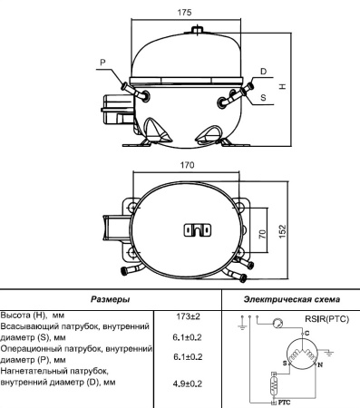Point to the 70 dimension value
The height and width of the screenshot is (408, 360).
(263, 233)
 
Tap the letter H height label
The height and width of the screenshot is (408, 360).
(282, 86)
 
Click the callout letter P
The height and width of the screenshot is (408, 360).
(102, 63)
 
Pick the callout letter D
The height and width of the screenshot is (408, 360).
(263, 71)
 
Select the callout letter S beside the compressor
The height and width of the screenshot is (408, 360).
(263, 97)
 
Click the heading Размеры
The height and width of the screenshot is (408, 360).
(110, 298)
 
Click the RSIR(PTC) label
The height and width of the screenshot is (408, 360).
(326, 318)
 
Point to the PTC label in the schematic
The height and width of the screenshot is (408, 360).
(284, 400)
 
